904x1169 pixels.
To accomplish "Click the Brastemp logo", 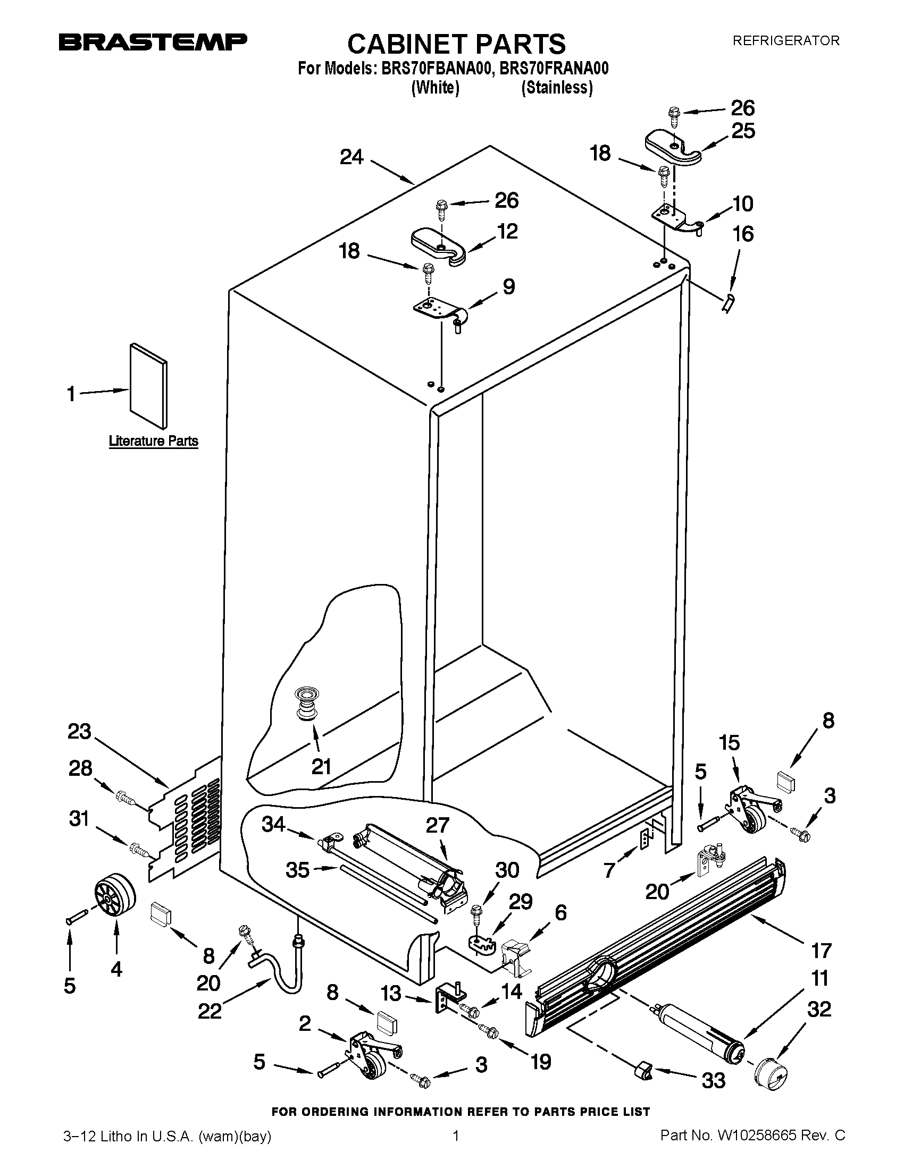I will click(153, 43).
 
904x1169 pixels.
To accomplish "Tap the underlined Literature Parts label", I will click(153, 441).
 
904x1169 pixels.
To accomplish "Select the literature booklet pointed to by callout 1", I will click(148, 385).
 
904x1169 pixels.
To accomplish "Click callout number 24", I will click(351, 157).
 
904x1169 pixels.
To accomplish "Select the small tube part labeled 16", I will click(727, 303).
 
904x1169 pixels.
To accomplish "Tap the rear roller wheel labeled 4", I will click(115, 894).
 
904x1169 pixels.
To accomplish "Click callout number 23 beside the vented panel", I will click(79, 731).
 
